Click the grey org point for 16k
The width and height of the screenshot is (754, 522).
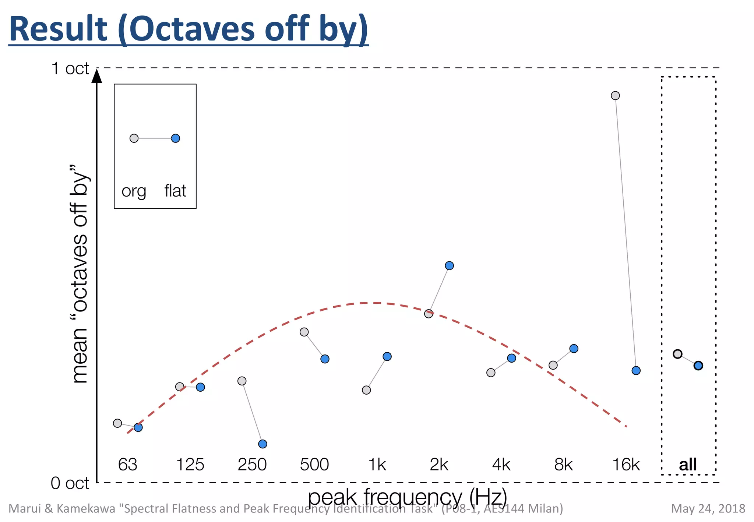click(x=615, y=96)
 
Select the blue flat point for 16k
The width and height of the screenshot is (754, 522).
click(x=636, y=370)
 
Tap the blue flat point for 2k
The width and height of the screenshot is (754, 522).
click(x=449, y=265)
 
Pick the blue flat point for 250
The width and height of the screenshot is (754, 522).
click(x=263, y=444)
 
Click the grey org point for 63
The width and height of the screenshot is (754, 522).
click(x=117, y=423)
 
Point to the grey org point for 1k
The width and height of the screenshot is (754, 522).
click(x=366, y=390)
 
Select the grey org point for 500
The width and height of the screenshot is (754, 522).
click(x=304, y=332)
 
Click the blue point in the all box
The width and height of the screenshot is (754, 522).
click(x=698, y=366)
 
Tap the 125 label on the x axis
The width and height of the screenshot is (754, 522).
click(x=190, y=465)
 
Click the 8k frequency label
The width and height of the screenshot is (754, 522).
click(x=563, y=465)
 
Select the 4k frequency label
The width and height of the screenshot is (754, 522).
click(x=501, y=465)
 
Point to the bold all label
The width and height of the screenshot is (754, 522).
click(x=688, y=465)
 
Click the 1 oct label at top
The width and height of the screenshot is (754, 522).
click(x=70, y=68)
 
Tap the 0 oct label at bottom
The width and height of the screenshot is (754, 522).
click(x=70, y=483)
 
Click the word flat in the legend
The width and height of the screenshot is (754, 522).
click(x=175, y=191)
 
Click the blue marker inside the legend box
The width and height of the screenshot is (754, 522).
click(x=176, y=138)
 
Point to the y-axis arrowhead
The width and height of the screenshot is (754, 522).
click(x=97, y=76)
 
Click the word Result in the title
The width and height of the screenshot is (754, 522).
click(x=59, y=29)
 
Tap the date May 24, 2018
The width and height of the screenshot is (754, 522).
click(x=708, y=509)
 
